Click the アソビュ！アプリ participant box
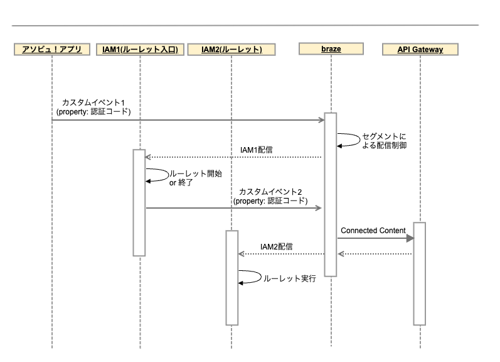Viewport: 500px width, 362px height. coord(52,50)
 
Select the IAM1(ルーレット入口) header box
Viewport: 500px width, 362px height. coord(141,50)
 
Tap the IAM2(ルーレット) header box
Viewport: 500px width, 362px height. coord(231,50)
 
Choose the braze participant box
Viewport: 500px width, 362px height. coord(331,49)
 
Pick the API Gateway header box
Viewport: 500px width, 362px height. coord(420,50)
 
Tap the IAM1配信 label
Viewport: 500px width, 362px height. coord(257,150)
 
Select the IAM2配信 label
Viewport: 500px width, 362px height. coord(277,246)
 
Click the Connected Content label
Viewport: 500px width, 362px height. coord(373,231)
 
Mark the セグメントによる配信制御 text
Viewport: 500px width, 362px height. coord(384,141)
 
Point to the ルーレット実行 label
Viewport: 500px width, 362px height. coord(290,278)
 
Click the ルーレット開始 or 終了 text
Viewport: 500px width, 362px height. coord(196,178)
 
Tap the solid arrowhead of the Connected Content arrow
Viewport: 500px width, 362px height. coord(410,238)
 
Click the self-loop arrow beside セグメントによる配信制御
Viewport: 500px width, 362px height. coord(359,140)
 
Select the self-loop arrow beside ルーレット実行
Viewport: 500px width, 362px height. coord(260,277)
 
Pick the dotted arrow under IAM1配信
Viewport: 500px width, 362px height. coord(233,157)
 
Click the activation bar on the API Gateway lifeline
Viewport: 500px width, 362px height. coord(420,274)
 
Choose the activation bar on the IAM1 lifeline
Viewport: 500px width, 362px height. coord(139,202)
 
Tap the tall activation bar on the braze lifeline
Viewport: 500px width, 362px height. coord(331,194)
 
